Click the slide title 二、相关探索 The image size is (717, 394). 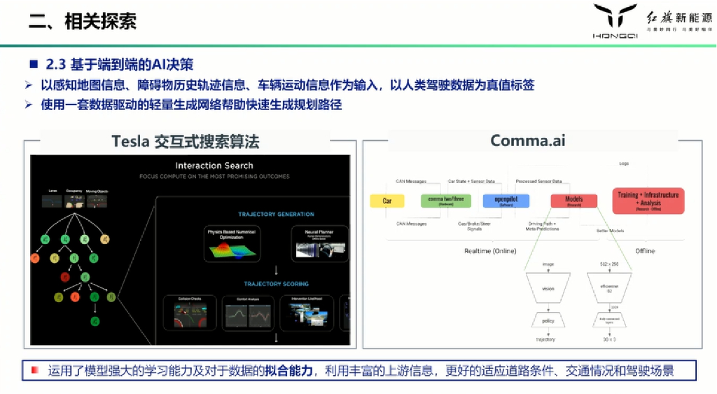pyautogui.click(x=82, y=20)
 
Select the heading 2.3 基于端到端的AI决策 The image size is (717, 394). pyautogui.click(x=119, y=64)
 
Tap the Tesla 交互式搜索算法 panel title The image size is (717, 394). pyautogui.click(x=186, y=141)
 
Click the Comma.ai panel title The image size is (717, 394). pyautogui.click(x=527, y=140)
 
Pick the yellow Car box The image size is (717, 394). pyautogui.click(x=387, y=201)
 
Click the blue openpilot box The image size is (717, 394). pyautogui.click(x=506, y=201)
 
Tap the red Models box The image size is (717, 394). pyautogui.click(x=573, y=201)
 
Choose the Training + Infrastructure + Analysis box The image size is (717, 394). pyautogui.click(x=648, y=201)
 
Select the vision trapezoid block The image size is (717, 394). pyautogui.click(x=548, y=288)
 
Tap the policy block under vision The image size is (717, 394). pyautogui.click(x=548, y=320)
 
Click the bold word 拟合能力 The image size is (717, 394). pyautogui.click(x=288, y=371)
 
